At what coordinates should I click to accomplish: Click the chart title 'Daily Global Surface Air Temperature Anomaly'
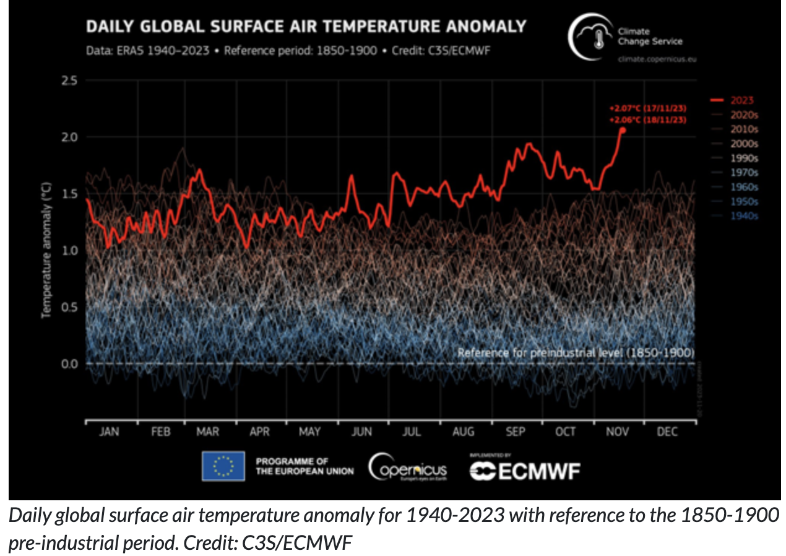[x=306, y=27]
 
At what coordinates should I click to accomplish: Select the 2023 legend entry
[x=741, y=100]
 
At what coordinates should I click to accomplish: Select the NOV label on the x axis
[x=616, y=432]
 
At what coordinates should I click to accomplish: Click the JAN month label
[x=110, y=432]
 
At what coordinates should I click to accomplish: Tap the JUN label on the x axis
[x=362, y=432]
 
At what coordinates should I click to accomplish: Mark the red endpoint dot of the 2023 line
[x=623, y=129]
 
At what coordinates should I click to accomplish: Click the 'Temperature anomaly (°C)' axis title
[x=46, y=249]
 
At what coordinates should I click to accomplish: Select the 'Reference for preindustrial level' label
[x=576, y=352]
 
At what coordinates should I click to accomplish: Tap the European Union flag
[x=223, y=466]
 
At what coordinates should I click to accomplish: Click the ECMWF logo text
[x=525, y=472]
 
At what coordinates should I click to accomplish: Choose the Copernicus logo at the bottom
[x=408, y=469]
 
